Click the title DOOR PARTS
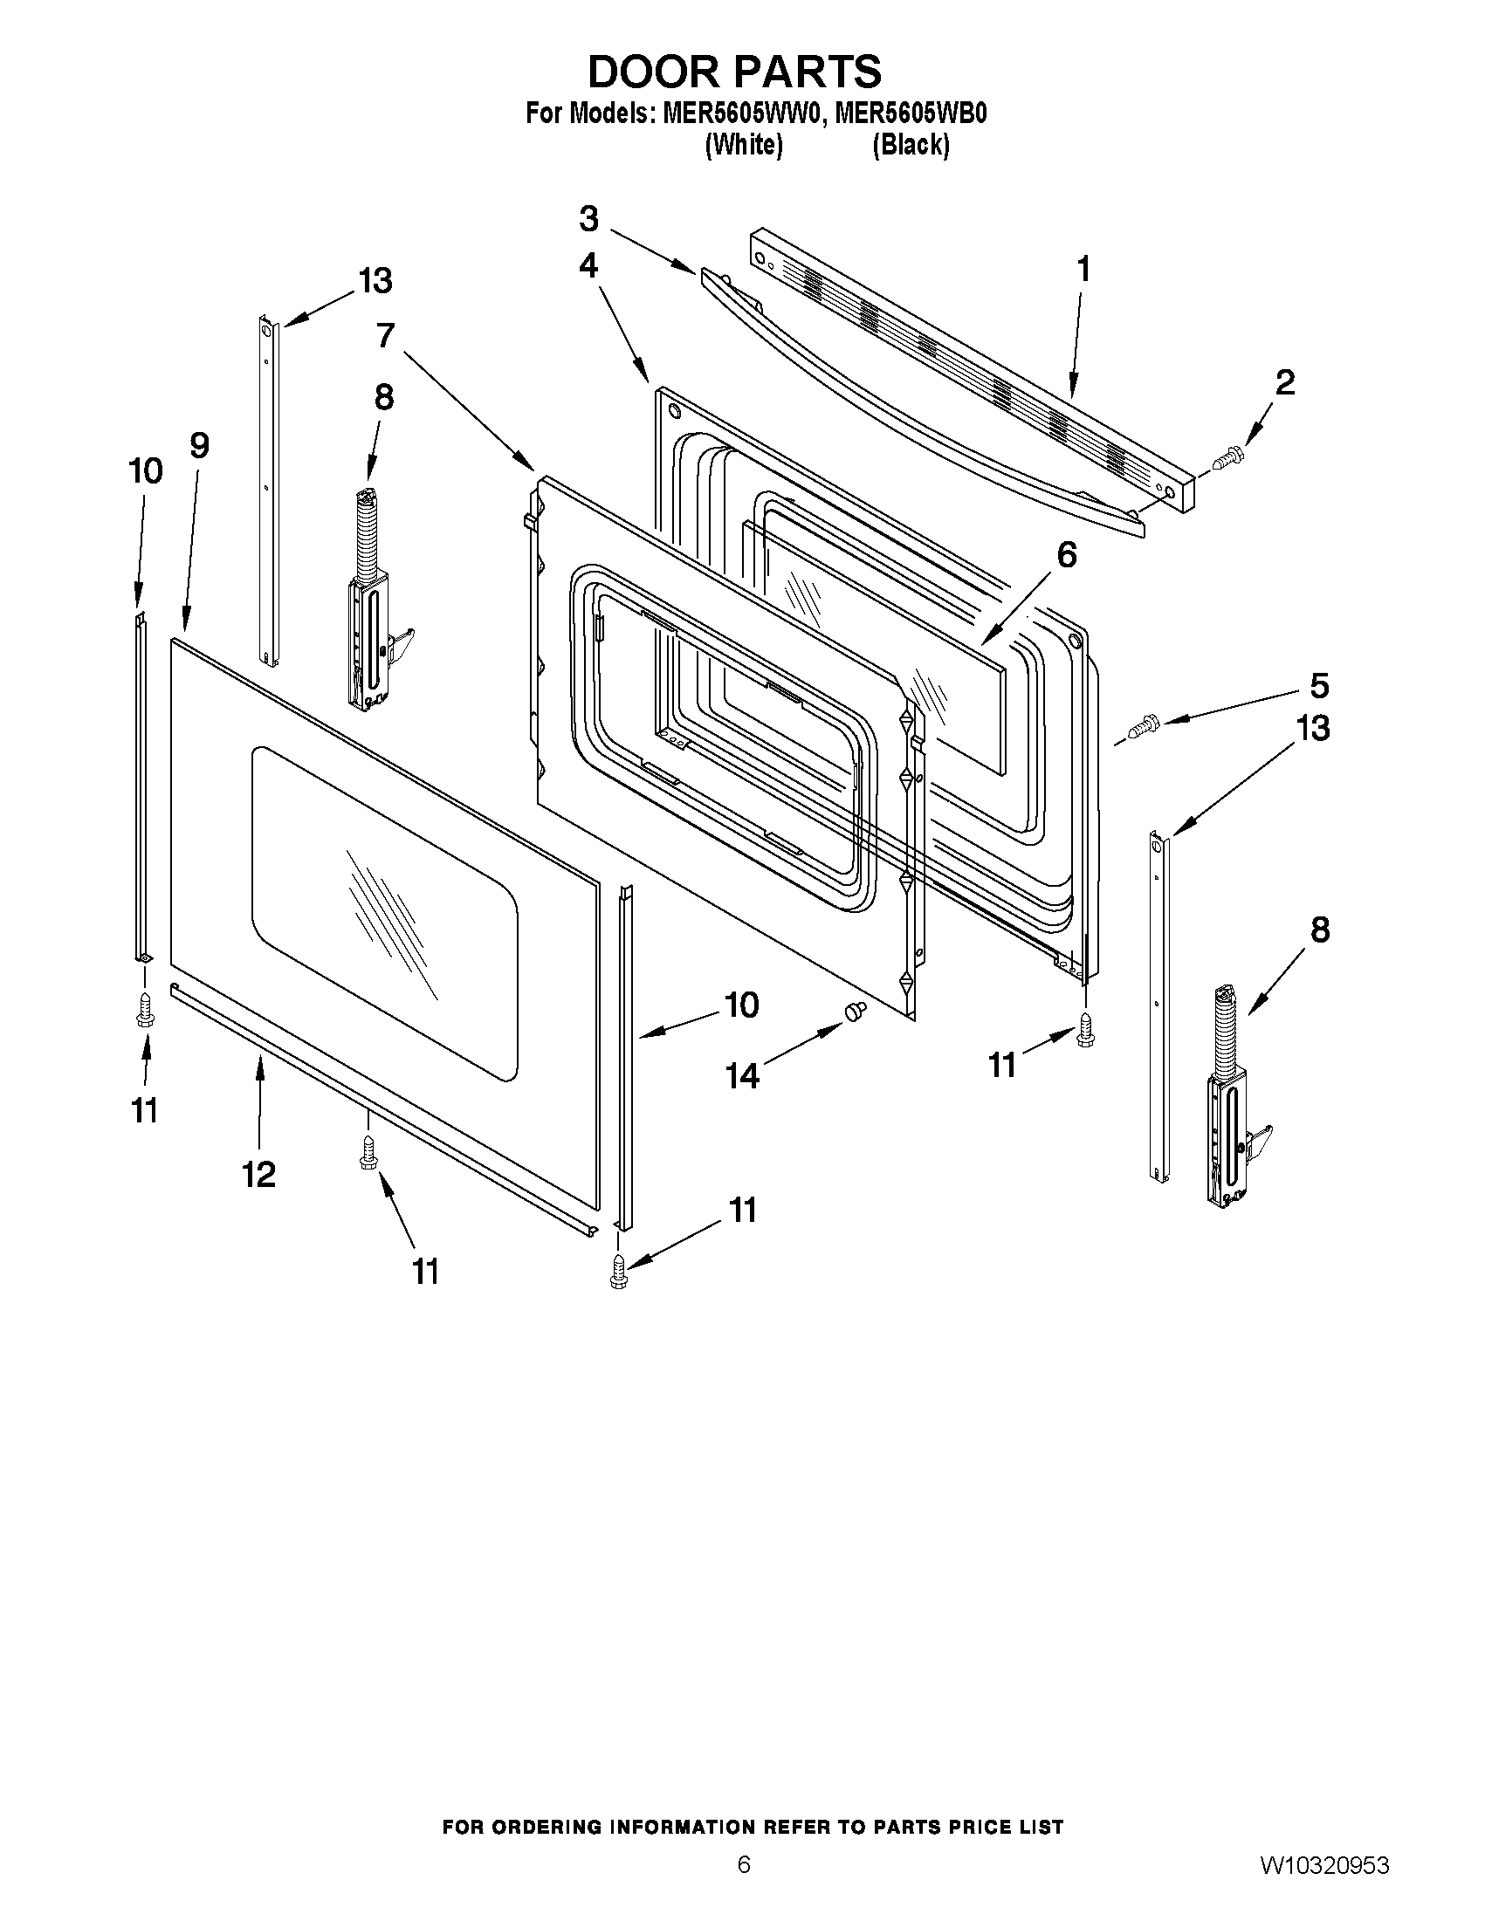click(x=734, y=72)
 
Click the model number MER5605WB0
click(x=911, y=114)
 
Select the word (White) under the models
click(x=744, y=144)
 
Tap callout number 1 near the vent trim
click(x=1083, y=268)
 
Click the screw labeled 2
click(x=1227, y=458)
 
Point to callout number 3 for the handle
click(x=588, y=218)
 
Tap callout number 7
click(x=385, y=336)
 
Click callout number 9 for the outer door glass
click(x=200, y=446)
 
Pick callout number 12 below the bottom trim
click(x=259, y=1173)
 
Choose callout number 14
click(x=741, y=1074)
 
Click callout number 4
click(x=588, y=264)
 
